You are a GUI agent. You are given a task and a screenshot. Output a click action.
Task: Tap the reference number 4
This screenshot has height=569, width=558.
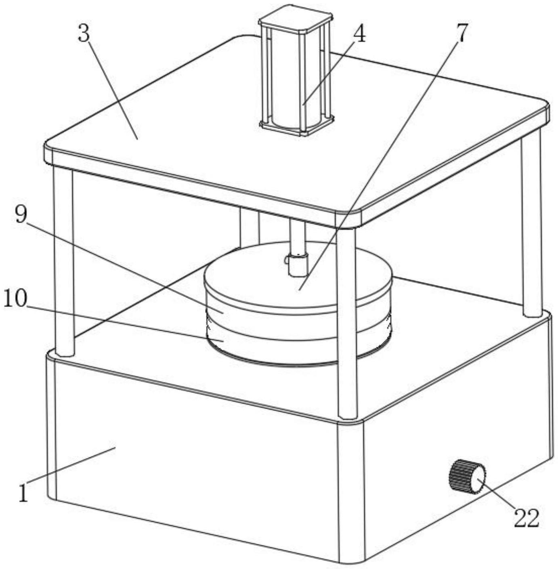click(359, 34)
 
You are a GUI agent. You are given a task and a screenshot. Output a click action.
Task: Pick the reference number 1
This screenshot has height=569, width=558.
click(24, 493)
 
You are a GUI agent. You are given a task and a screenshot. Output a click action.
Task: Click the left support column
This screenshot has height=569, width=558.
click(64, 262)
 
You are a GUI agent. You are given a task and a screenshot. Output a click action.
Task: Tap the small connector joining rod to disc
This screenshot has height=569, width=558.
click(298, 265)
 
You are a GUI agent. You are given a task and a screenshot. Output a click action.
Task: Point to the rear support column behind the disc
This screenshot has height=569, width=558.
click(249, 226)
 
